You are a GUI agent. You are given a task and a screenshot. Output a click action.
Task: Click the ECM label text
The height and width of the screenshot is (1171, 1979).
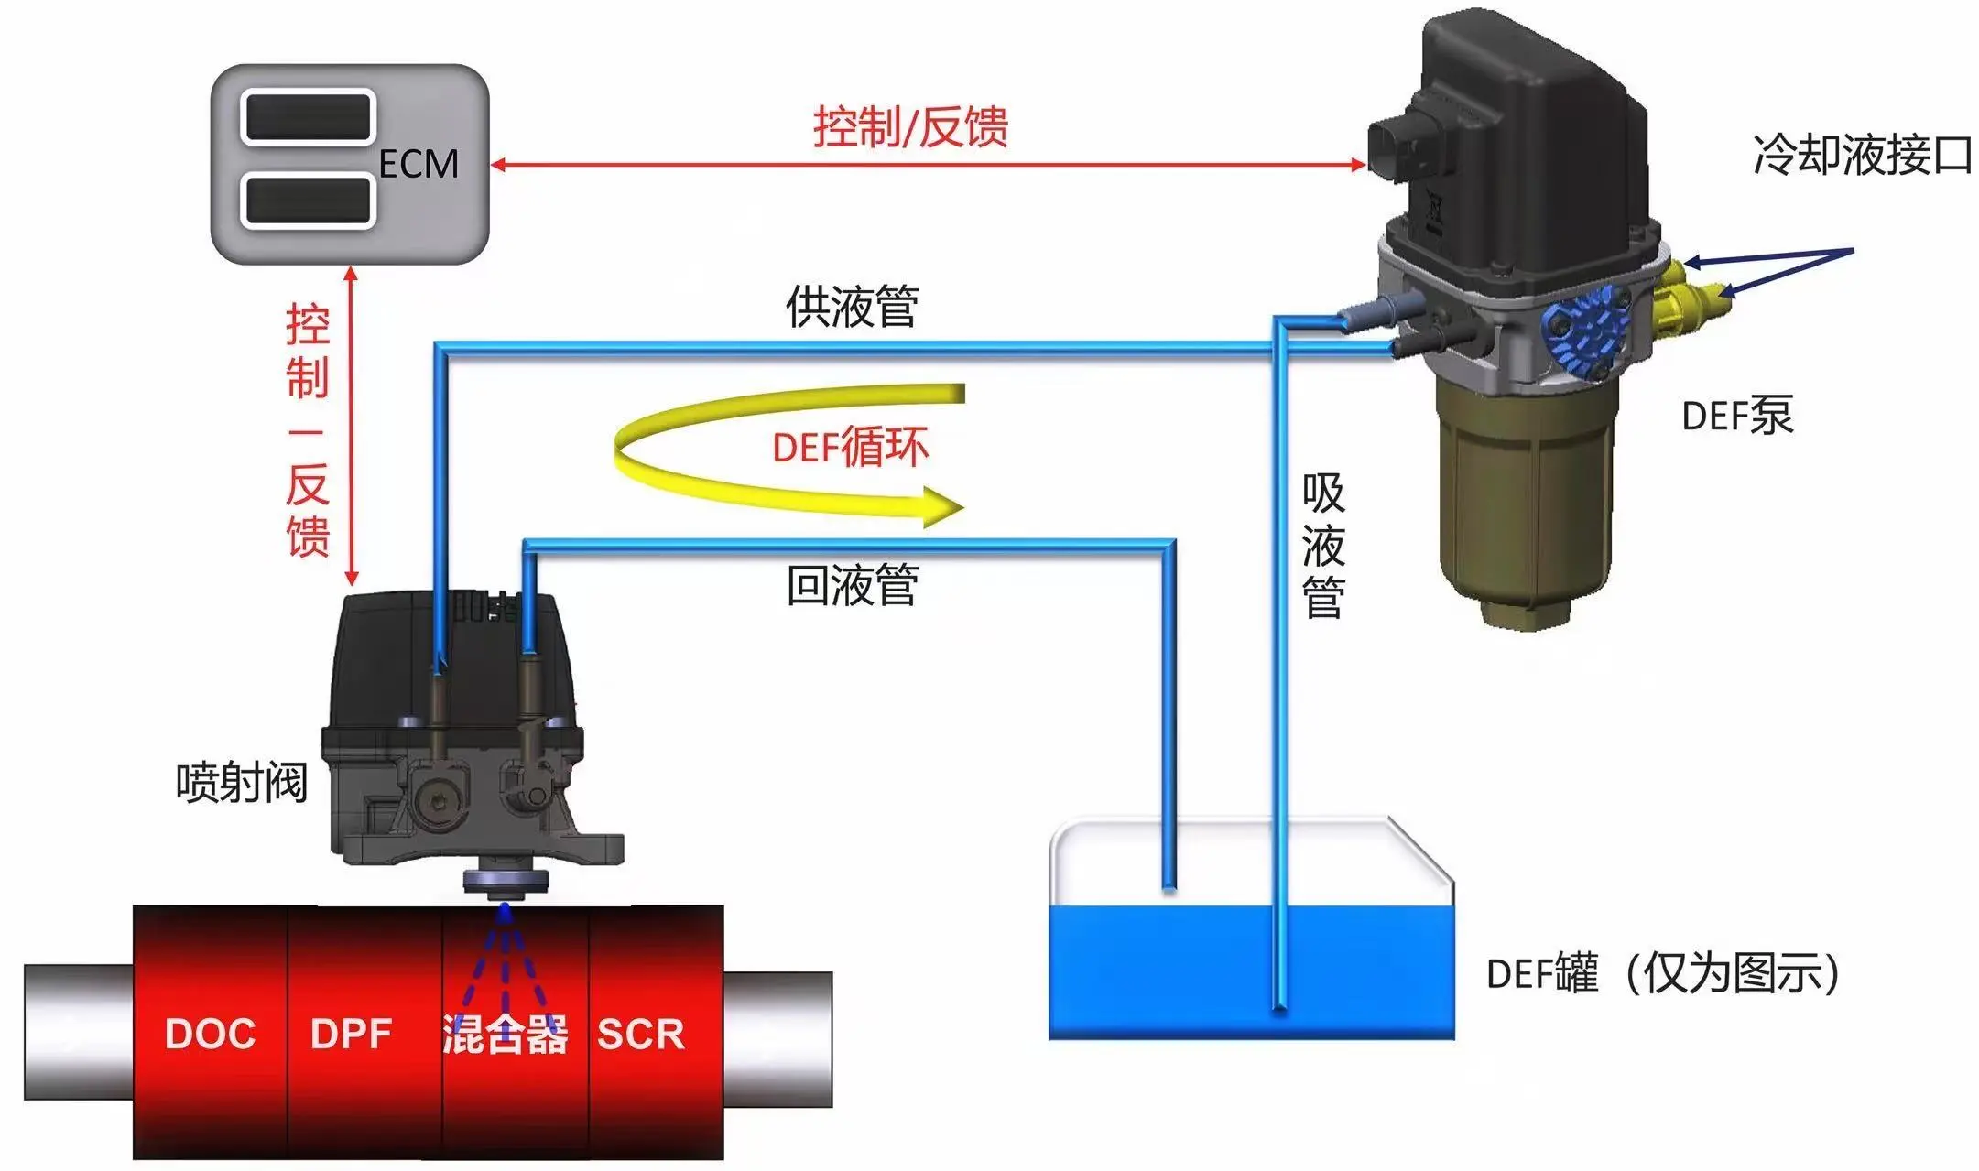pyautogui.click(x=419, y=164)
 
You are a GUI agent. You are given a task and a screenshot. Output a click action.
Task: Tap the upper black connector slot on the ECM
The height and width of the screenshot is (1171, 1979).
pyautogui.click(x=308, y=117)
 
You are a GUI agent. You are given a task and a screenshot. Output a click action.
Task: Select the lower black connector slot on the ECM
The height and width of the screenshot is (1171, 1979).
pyautogui.click(x=308, y=200)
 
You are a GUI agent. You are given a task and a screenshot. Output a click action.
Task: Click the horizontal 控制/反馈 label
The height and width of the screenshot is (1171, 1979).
pyautogui.click(x=910, y=126)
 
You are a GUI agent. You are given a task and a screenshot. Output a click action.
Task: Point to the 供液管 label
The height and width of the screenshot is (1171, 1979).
pyautogui.click(x=852, y=307)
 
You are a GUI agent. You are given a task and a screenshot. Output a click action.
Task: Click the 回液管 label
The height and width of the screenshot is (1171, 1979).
pyautogui.click(x=852, y=585)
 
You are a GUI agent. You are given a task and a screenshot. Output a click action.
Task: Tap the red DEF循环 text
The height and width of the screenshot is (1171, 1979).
pyautogui.click(x=850, y=447)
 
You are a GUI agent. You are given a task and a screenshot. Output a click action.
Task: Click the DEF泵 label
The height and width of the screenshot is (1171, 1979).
pyautogui.click(x=1737, y=416)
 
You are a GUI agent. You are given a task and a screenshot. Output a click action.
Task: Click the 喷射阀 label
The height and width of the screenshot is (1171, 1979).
pyautogui.click(x=242, y=784)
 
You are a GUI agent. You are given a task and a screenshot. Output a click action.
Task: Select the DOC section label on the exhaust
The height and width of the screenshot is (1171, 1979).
pyautogui.click(x=210, y=1034)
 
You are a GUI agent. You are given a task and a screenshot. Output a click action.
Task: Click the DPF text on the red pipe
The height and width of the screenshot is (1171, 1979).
pyautogui.click(x=351, y=1034)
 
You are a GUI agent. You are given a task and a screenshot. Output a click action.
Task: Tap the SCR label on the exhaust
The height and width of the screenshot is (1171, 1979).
pyautogui.click(x=641, y=1034)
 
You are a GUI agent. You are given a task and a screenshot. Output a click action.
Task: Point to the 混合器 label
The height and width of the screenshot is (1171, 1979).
pyautogui.click(x=505, y=1035)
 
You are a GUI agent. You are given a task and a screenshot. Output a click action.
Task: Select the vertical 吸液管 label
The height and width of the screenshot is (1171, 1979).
pyautogui.click(x=1323, y=545)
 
